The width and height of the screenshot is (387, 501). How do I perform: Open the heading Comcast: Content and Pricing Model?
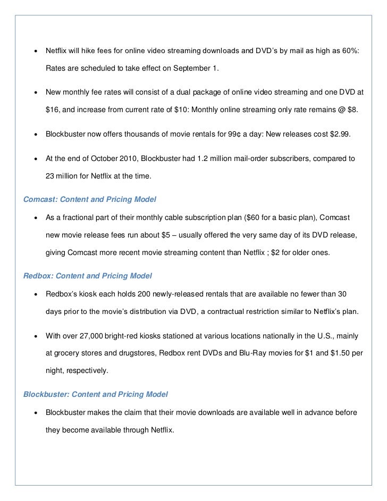pos(94,200)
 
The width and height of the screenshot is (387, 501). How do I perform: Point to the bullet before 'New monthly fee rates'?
pos(35,92)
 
